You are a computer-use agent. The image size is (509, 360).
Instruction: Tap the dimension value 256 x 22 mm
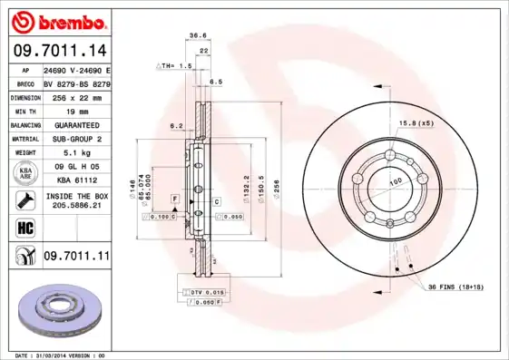[76, 96]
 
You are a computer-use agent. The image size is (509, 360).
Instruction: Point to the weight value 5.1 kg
[76, 153]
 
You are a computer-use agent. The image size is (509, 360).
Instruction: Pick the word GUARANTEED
[76, 124]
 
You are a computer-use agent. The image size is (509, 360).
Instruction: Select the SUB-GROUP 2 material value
[76, 139]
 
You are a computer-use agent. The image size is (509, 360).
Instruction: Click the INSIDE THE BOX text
[76, 196]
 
